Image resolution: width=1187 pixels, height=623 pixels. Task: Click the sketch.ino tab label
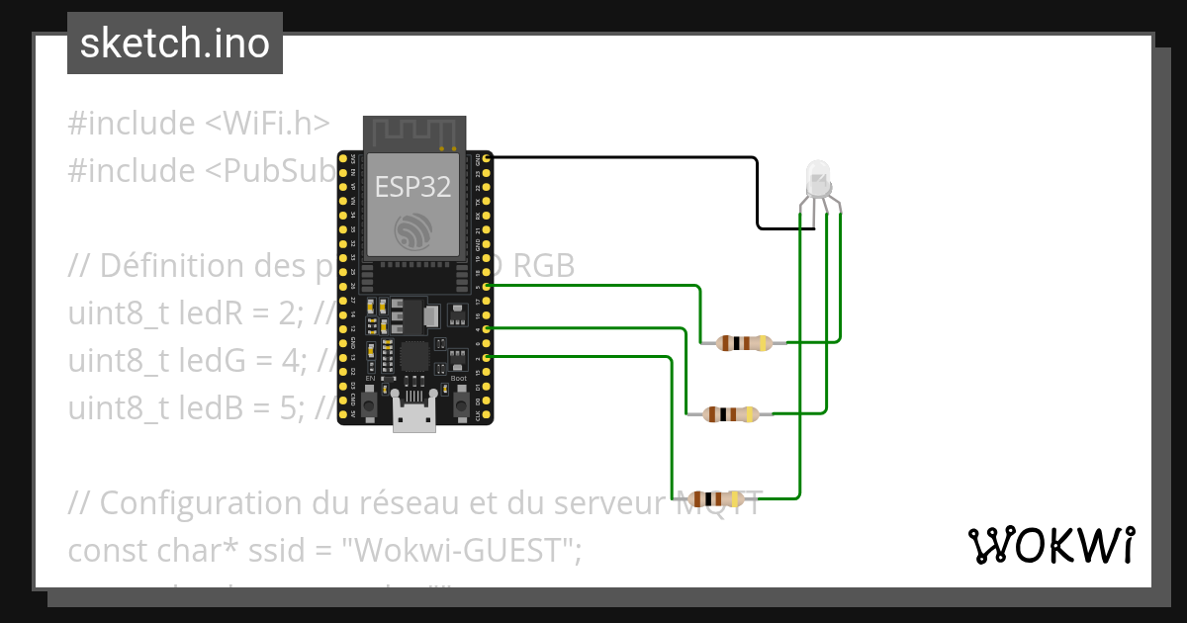(x=175, y=44)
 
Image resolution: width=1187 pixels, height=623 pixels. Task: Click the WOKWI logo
(x=1050, y=545)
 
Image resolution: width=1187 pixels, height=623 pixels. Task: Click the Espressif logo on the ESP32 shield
(x=413, y=230)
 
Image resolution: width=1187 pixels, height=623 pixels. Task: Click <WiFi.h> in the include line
(x=267, y=124)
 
